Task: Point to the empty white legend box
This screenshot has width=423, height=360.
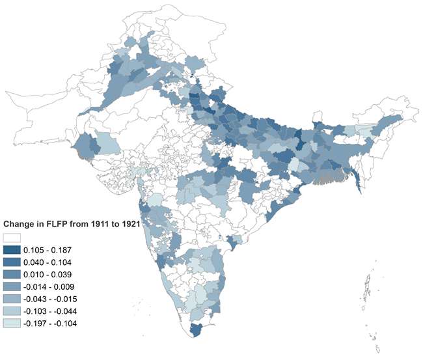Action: [x=12, y=238]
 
